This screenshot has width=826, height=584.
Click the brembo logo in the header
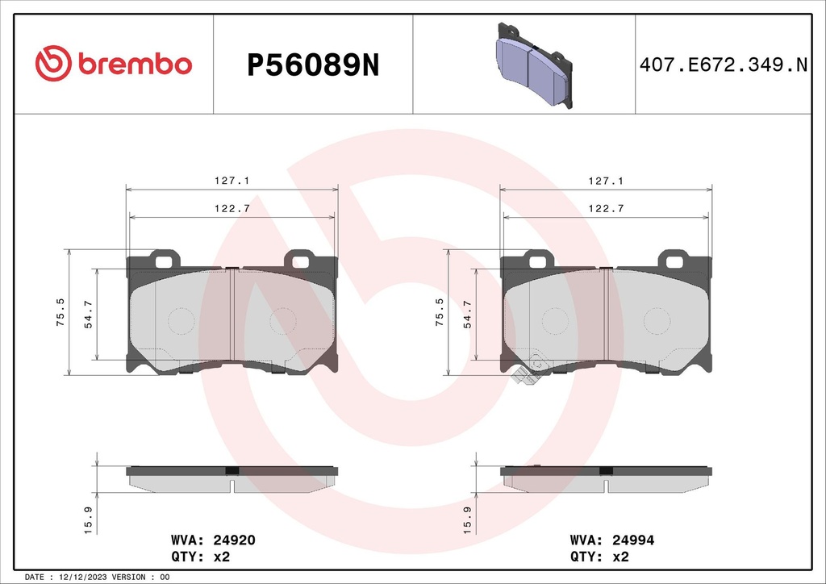pyautogui.click(x=113, y=65)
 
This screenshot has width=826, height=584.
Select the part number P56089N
pyautogui.click(x=312, y=65)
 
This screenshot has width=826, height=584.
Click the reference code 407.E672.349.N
pyautogui.click(x=723, y=65)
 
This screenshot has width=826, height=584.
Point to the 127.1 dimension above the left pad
pyautogui.click(x=232, y=182)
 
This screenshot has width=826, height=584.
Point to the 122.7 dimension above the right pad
pyautogui.click(x=607, y=208)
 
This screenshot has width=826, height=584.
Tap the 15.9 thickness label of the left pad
pyautogui.click(x=90, y=518)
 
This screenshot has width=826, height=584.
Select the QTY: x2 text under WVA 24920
pyautogui.click(x=201, y=557)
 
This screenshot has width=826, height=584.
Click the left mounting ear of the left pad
pyautogui.click(x=166, y=259)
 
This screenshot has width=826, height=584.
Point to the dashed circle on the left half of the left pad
pyautogui.click(x=181, y=321)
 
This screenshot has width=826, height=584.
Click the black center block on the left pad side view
pyautogui.click(x=232, y=470)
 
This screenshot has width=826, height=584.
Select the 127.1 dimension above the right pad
pyautogui.click(x=607, y=182)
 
